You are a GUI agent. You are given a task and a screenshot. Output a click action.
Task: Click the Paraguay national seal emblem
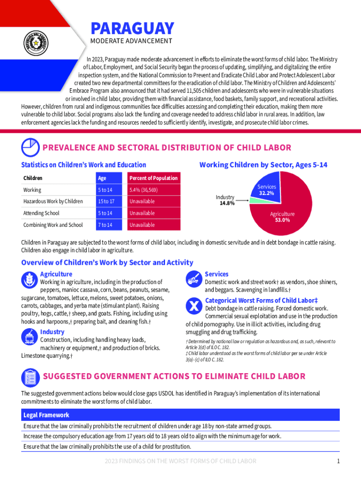click(35, 45)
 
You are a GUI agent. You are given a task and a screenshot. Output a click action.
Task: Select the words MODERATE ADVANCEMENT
click(131, 41)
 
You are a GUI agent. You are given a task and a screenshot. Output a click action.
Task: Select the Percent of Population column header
click(153, 178)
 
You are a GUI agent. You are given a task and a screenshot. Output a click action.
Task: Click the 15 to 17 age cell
click(106, 202)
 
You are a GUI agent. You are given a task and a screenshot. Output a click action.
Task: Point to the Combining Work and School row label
click(53, 225)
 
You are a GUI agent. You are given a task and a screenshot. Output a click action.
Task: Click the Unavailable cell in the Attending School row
click(142, 213)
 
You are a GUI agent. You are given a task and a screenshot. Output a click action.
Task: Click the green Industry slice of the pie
click(253, 200)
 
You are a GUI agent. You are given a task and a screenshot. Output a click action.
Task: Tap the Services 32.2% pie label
click(267, 190)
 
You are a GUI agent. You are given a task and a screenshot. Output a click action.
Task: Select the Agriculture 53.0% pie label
click(282, 217)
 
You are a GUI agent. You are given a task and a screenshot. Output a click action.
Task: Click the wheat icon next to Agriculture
click(29, 280)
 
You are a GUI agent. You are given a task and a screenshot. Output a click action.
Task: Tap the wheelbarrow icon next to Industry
click(29, 337)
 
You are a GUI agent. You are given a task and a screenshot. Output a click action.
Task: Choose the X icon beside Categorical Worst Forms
click(194, 306)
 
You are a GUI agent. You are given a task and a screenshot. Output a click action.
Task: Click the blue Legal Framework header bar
click(180, 415)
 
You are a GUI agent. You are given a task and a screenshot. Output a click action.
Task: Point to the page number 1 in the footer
click(338, 461)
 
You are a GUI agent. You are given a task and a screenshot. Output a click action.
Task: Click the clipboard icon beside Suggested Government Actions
click(30, 378)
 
